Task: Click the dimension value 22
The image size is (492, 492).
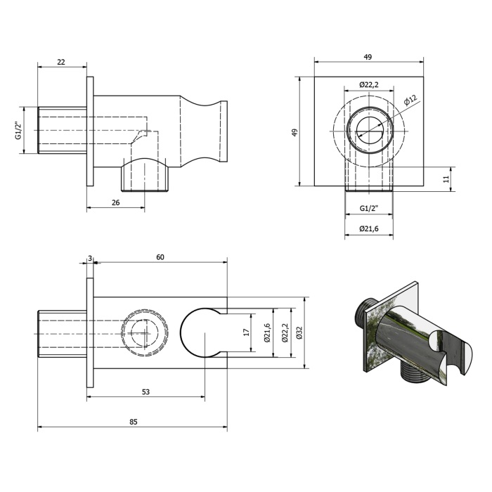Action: tap(61, 62)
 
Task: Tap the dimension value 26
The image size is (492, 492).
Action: tap(115, 202)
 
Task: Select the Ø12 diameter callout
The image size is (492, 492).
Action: tap(410, 100)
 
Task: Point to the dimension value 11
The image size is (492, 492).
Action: tap(446, 179)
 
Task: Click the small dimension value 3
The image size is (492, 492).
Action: tap(90, 258)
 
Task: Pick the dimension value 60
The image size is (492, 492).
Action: tap(160, 257)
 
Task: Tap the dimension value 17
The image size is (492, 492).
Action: tap(246, 332)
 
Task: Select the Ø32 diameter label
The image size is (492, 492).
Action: tap(299, 332)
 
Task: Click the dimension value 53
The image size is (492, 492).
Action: tap(145, 392)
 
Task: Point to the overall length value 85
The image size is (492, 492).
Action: tap(134, 422)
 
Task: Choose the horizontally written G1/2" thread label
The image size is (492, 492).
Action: tap(369, 208)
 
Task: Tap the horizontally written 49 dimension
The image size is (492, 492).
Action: tap(368, 57)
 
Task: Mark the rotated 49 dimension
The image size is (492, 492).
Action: tap(294, 132)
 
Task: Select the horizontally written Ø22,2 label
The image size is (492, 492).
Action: tap(369, 84)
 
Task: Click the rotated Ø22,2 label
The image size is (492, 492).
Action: tap(285, 332)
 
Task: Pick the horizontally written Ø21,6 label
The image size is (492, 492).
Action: tap(369, 228)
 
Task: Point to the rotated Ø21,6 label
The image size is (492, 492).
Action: tap(267, 332)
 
